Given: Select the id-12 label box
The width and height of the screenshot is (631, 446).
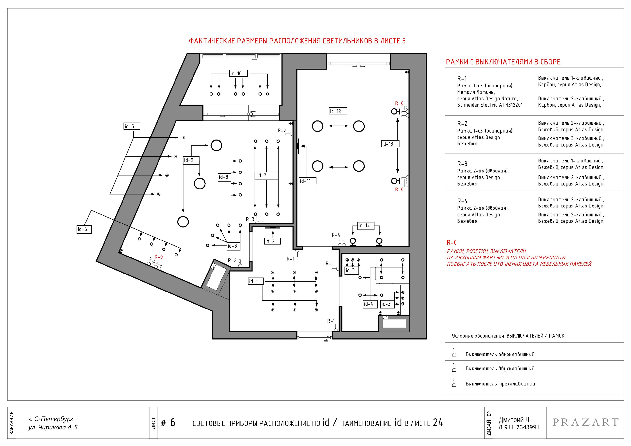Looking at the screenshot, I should [x=338, y=111].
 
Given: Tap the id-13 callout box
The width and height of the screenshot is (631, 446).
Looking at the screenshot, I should [x=390, y=144].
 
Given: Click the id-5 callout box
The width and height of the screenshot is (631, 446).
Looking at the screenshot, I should [x=132, y=126].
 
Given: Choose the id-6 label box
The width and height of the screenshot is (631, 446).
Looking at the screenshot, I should [x=84, y=229].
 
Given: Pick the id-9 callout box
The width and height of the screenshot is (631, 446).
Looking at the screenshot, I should [x=191, y=160].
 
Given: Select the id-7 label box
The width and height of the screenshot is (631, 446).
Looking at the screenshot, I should [x=266, y=176].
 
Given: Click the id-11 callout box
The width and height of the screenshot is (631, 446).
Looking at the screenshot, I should [x=307, y=181].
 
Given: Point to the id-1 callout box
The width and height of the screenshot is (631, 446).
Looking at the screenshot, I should [x=256, y=281].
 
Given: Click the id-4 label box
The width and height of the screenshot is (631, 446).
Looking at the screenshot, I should [x=370, y=304].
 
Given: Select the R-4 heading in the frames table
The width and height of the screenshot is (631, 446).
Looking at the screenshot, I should [x=462, y=201].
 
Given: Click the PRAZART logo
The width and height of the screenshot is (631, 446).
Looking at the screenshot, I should [x=585, y=422].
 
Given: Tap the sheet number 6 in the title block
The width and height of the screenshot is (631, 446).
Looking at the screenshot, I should [x=172, y=423].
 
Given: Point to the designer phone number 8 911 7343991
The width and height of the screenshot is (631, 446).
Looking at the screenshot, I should [x=519, y=427].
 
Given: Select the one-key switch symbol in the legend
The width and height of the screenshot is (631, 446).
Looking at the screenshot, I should [x=454, y=353].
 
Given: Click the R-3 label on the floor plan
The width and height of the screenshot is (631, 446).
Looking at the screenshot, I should [x=250, y=219].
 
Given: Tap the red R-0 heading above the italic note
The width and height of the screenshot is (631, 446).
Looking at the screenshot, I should [x=452, y=242].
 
